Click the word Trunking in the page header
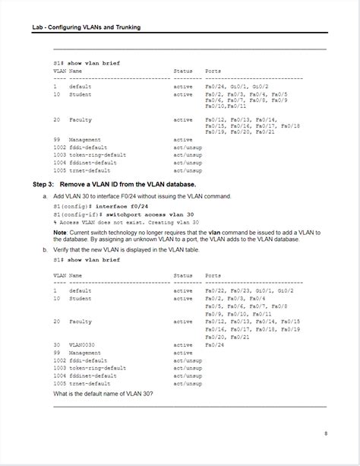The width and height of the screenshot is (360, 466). pyautogui.click(x=127, y=28)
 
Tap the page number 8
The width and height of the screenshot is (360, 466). pyautogui.click(x=325, y=433)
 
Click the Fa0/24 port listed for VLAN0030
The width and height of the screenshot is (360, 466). pyautogui.click(x=215, y=345)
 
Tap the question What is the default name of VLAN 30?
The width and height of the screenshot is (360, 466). pyautogui.click(x=103, y=393)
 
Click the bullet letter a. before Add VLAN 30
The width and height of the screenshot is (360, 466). pyautogui.click(x=45, y=196)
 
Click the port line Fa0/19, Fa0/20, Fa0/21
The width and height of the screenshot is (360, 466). pyautogui.click(x=239, y=132)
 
